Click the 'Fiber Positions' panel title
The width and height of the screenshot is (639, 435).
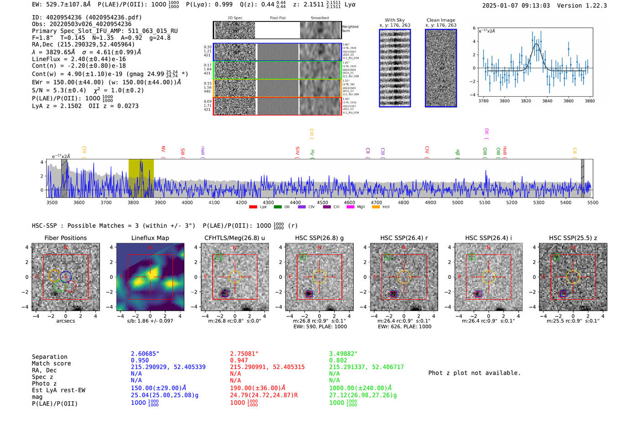point(65,238)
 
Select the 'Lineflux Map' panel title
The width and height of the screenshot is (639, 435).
point(150,238)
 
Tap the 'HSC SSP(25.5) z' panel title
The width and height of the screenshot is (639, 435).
point(573,238)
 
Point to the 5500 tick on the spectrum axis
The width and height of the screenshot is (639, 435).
point(592,203)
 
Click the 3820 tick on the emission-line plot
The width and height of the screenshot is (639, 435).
point(526,101)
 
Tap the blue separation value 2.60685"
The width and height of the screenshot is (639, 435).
point(145,354)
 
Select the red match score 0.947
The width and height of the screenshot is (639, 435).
point(239,361)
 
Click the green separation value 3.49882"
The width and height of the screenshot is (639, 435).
point(343,354)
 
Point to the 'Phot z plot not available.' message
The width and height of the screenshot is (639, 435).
point(474,373)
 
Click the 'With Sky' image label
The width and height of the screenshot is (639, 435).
point(394,20)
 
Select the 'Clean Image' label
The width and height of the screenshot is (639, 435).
point(440,20)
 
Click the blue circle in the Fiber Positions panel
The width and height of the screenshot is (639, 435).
point(66,276)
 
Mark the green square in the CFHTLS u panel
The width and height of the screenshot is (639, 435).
point(218,257)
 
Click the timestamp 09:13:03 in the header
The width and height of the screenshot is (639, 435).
point(534,5)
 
